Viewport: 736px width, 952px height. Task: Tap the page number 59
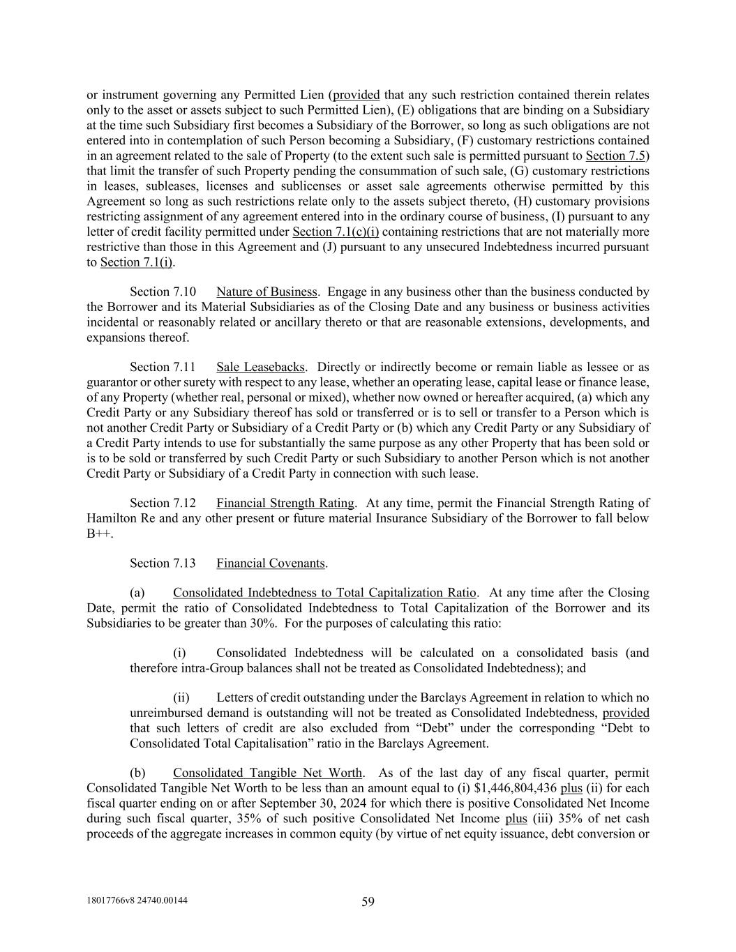[x=368, y=902]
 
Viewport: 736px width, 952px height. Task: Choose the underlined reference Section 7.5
[x=615, y=156]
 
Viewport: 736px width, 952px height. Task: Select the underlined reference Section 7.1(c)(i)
[x=336, y=232]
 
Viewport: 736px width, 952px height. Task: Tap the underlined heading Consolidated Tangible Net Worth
[x=267, y=773]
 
